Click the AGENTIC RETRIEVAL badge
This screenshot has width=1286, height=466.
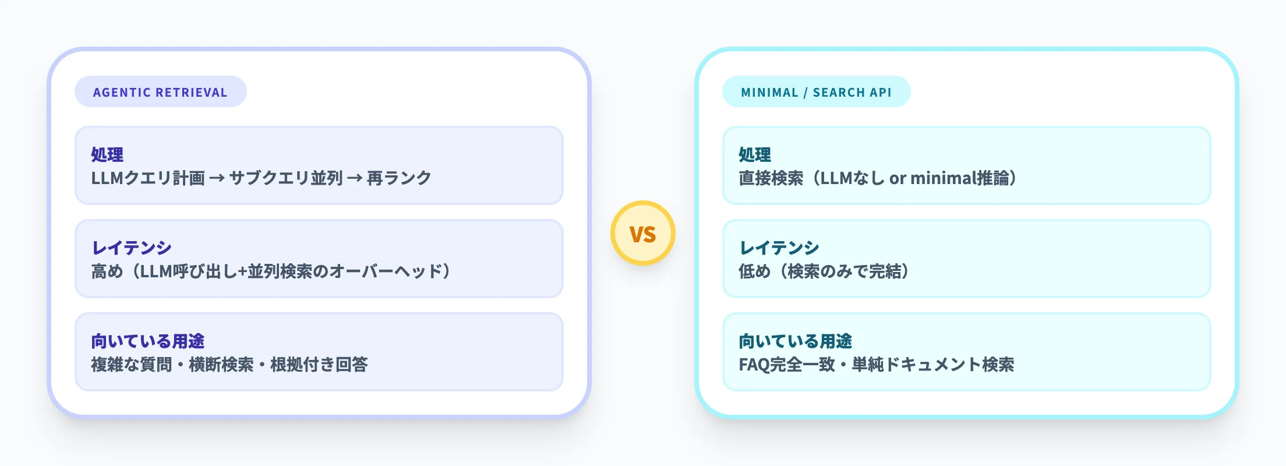pos(160,92)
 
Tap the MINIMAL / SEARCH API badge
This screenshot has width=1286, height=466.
pos(816,92)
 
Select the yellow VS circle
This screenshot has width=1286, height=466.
pos(643,234)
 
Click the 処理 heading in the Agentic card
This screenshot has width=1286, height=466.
pos(107,154)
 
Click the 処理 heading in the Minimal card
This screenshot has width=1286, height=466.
pos(755,154)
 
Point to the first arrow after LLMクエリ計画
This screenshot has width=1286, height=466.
pos(217,178)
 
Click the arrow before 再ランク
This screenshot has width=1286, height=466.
pos(355,178)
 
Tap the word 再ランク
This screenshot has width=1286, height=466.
pos(399,178)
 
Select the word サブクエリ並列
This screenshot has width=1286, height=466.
pos(286,178)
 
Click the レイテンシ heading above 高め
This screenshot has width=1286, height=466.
pos(132,248)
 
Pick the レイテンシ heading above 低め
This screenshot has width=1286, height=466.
pos(779,248)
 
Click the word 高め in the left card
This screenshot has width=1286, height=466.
pos(107,271)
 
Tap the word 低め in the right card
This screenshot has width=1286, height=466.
pos(755,271)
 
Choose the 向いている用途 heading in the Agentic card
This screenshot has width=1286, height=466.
pos(148,341)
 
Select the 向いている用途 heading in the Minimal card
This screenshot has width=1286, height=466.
pos(796,341)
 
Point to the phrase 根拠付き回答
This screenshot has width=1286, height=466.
pos(319,365)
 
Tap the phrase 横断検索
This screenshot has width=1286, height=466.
pos(221,365)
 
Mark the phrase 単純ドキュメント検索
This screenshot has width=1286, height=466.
pos(933,365)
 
